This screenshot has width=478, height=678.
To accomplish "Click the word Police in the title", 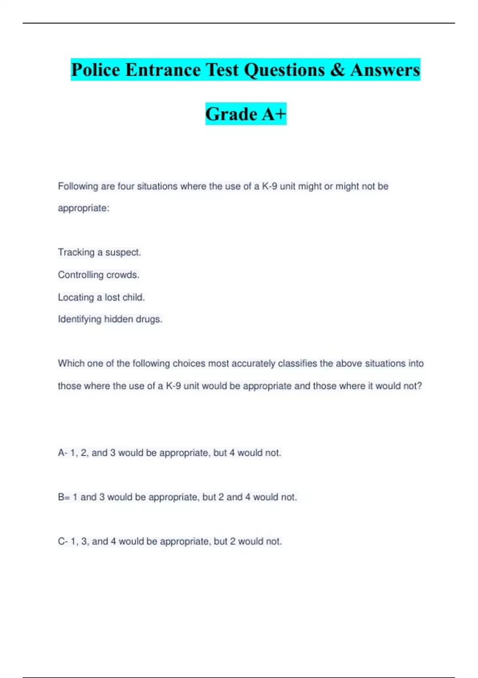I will point(96,70).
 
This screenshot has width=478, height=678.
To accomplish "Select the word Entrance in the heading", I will point(163,70).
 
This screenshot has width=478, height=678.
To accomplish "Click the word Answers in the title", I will point(385,70).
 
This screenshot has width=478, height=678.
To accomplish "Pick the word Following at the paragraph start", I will point(78,186).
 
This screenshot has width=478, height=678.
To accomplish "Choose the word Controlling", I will point(80,275).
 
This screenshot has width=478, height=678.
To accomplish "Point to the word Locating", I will point(76,297).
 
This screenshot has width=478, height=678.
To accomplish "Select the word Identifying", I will point(80,319).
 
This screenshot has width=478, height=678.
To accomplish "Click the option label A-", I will point(63,453).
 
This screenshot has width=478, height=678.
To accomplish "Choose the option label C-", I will point(63,541).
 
